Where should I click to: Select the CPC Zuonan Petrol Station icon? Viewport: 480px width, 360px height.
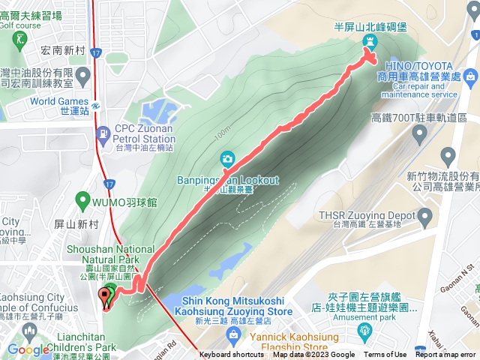pos(102,134)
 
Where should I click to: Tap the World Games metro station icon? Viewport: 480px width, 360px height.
pos(97,104)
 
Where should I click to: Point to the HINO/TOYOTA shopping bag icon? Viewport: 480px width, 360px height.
pos(469,76)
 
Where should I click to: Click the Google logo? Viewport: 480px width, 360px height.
pos(28,349)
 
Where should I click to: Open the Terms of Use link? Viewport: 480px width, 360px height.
pos(385,355)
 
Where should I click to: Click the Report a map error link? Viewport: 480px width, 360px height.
pos(445,355)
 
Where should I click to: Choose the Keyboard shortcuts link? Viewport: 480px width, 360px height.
pos(231,355)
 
